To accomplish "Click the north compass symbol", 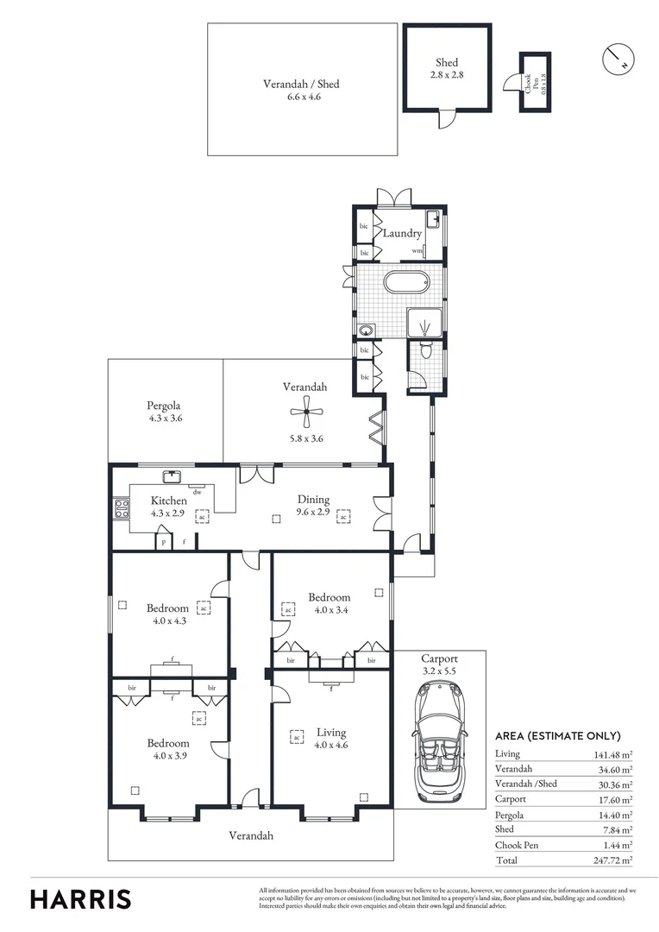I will [x=618, y=59].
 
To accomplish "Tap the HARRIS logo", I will [x=81, y=898].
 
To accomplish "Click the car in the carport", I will [x=439, y=740].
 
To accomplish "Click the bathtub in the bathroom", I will [x=405, y=283].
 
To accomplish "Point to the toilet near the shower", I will [x=424, y=349].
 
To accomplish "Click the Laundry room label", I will [x=402, y=233].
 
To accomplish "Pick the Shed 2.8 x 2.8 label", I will [x=447, y=68].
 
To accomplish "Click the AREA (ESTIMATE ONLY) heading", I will [x=557, y=736].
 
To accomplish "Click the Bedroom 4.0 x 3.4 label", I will [x=329, y=603].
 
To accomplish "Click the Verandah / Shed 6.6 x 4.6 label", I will [x=301, y=91].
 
